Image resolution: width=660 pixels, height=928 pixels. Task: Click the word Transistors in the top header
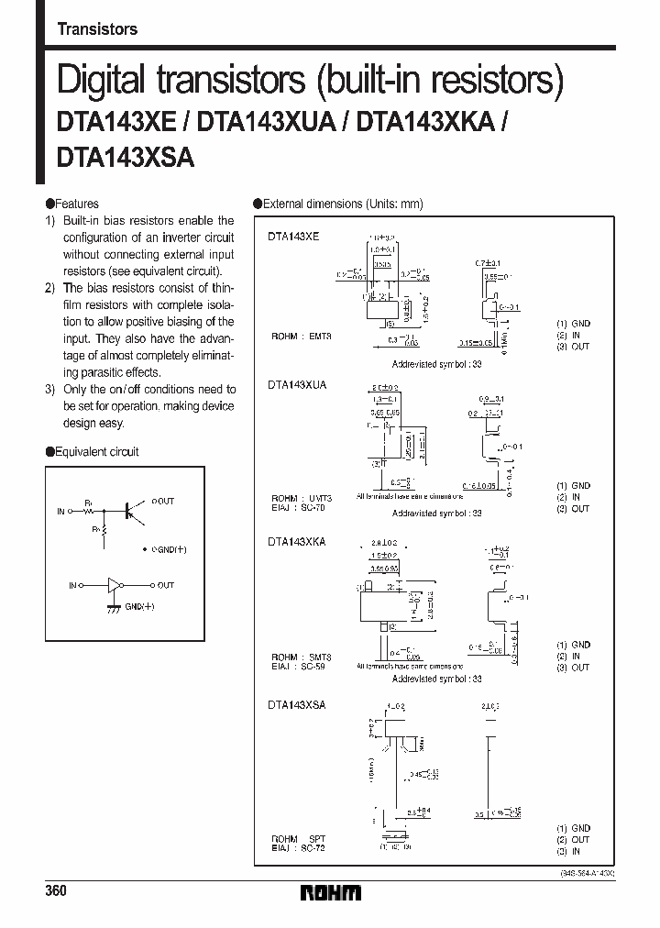pyautogui.click(x=97, y=29)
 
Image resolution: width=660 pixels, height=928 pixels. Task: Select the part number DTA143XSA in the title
pyautogui.click(x=125, y=156)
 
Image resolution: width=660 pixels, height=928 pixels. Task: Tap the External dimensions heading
pyautogui.click(x=342, y=204)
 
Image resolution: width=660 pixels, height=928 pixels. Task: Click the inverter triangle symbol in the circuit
pyautogui.click(x=114, y=584)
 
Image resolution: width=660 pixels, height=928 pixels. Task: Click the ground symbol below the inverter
pyautogui.click(x=114, y=609)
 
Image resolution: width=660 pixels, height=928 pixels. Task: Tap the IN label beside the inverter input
pyautogui.click(x=72, y=584)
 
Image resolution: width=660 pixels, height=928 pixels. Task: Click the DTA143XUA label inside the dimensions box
pyautogui.click(x=297, y=386)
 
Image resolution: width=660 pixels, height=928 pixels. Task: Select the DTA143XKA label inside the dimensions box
pyautogui.click(x=297, y=542)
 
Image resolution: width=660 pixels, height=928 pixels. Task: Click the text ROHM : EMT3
pyautogui.click(x=301, y=337)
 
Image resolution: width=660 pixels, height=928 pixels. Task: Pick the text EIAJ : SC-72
pyautogui.click(x=299, y=848)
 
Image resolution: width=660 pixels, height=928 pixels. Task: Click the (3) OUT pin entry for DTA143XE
pyautogui.click(x=573, y=346)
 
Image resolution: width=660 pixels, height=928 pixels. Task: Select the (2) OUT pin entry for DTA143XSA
pyautogui.click(x=573, y=839)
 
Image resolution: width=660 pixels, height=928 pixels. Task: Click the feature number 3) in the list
pyautogui.click(x=51, y=390)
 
